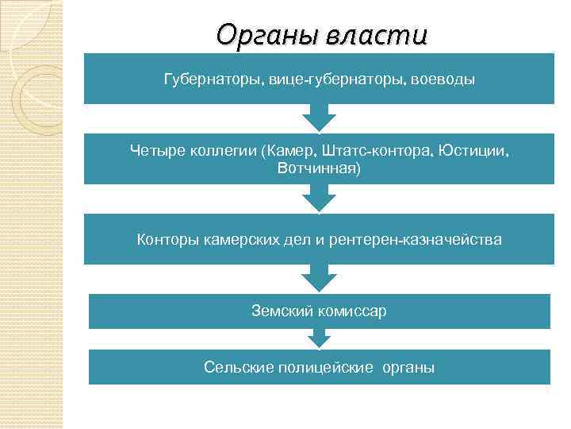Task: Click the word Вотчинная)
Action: pos(319,168)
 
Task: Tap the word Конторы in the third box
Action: pos(165,238)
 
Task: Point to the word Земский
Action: pos(280,311)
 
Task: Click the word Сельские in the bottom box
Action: pos(235,367)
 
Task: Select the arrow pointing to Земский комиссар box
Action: pos(319,278)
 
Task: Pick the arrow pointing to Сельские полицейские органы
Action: pos(319,339)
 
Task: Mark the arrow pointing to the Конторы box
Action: pos(319,199)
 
